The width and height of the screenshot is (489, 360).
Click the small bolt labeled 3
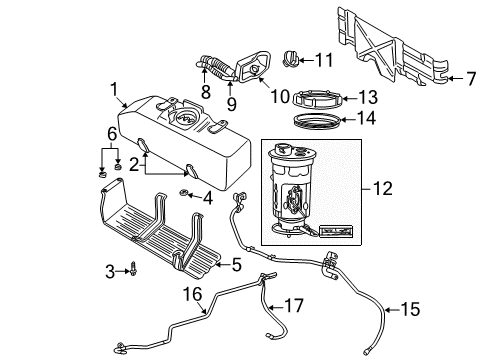[x=131, y=269]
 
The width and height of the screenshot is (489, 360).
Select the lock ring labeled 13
[x=309, y=98]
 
